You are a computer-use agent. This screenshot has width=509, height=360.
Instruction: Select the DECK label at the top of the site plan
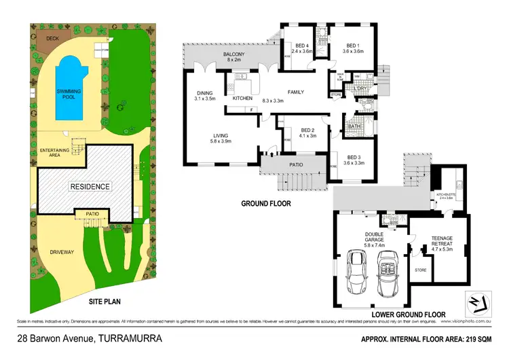52,39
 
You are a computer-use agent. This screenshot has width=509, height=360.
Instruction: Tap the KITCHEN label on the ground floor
242,98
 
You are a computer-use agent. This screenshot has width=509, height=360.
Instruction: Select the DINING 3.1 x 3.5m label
206,96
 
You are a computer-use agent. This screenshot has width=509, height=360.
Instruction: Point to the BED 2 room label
307,132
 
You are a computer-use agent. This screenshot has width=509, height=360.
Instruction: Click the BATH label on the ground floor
354,126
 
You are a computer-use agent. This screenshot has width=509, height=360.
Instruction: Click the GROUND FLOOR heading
266,203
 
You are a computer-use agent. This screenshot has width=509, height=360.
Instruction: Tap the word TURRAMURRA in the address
130,338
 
